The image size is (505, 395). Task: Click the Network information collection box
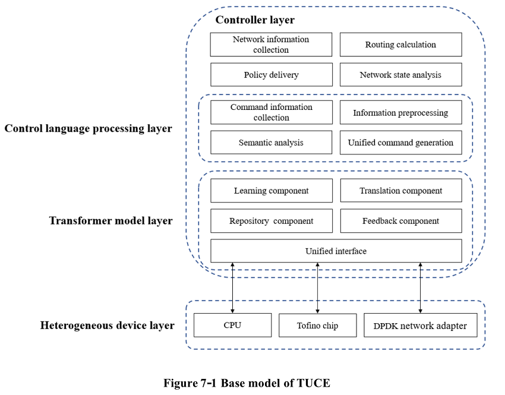coord(271,45)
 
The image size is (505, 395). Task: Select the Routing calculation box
coord(400,45)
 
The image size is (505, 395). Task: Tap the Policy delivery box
coord(271,75)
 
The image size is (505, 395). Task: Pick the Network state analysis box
coord(400,75)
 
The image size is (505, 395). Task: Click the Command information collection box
coord(271,112)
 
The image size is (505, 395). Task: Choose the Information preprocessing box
coord(400,112)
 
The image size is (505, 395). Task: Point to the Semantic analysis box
coord(271,143)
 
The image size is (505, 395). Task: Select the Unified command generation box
coord(400,143)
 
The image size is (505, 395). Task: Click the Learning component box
coord(271,191)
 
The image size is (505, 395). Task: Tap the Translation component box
coord(400,191)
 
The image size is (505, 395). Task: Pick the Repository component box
coord(271,221)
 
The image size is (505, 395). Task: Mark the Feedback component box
coord(400,221)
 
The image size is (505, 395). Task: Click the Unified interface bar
coord(336,251)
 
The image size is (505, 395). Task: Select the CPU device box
coord(232,325)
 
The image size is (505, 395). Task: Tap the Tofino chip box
coord(317,325)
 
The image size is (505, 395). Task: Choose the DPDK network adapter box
coord(420,325)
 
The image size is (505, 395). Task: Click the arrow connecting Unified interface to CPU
coord(232,288)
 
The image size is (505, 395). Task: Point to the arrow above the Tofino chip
coord(318,288)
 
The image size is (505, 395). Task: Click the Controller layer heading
coord(255,20)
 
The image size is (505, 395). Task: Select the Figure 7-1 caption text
coord(247,383)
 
